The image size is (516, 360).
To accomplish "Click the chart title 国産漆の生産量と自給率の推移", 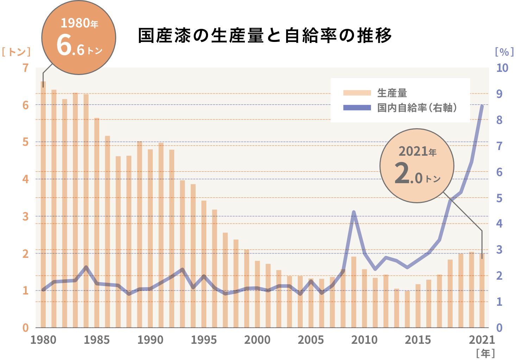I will tap(265, 35).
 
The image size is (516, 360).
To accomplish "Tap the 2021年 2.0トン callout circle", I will tap(417, 166).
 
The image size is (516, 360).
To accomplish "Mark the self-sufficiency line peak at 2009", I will tap(353, 212).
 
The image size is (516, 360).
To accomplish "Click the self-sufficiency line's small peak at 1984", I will tap(86, 267).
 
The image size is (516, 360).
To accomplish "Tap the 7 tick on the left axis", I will tap(25, 68).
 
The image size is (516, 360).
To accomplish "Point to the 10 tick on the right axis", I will tap(502, 68).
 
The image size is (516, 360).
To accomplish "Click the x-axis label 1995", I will tap(204, 340).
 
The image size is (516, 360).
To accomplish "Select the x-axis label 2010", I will tap(364, 340).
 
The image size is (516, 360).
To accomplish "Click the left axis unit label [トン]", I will tap(16, 52).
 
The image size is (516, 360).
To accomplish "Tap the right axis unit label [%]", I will tap(504, 52).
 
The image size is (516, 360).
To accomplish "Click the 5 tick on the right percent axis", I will tap(499, 198).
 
